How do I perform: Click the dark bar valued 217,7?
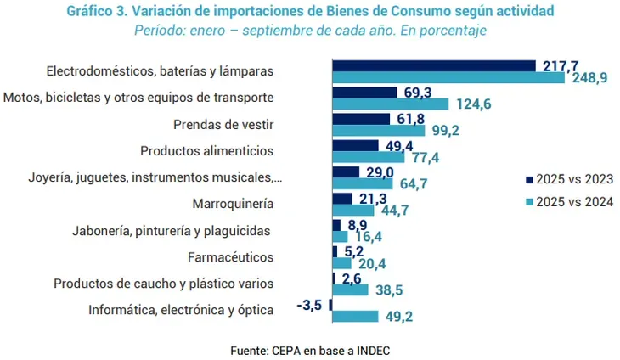click(433, 65)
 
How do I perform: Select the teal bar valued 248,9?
click(448, 78)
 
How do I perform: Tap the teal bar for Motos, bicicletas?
click(390, 104)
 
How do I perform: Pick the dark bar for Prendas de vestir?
click(360, 119)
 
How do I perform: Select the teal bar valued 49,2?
click(354, 317)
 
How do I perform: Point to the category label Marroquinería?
click(234, 204)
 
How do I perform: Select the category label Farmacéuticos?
click(229, 256)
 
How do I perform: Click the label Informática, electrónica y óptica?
click(181, 310)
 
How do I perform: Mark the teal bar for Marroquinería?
click(349, 211)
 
